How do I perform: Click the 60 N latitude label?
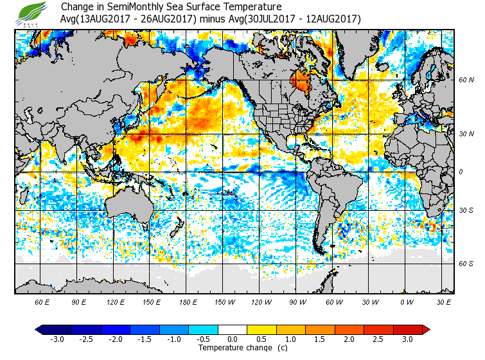(466, 80)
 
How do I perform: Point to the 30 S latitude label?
(466, 210)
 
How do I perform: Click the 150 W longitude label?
(224, 301)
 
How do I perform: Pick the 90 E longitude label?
(79, 301)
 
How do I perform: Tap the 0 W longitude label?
(407, 301)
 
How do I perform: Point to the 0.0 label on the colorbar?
(233, 339)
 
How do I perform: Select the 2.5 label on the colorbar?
(378, 339)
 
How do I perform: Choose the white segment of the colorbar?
(233, 330)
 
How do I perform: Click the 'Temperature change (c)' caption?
(233, 348)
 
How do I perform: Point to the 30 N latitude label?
(466, 134)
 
